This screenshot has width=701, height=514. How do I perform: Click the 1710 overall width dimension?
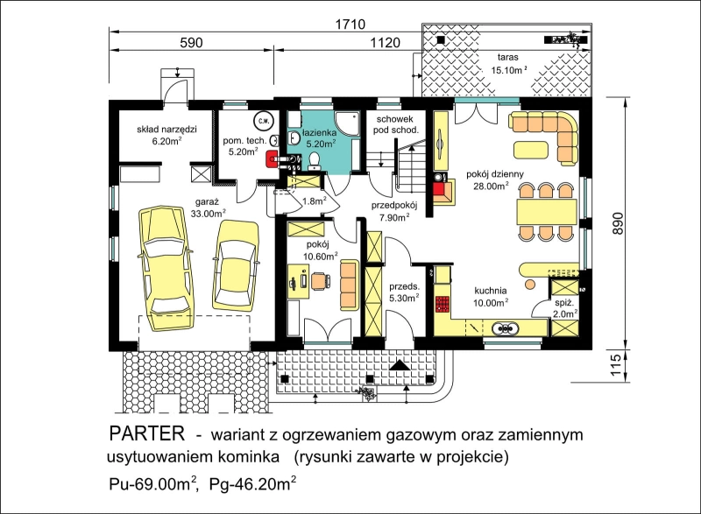pyautogui.click(x=350, y=24)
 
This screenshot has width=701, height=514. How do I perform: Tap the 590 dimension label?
pyautogui.click(x=191, y=42)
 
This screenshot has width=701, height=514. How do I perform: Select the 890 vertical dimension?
pyautogui.click(x=617, y=223)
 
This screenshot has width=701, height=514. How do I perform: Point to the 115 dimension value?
pyautogui.click(x=616, y=365)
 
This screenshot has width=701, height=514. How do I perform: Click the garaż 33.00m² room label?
pyautogui.click(x=208, y=208)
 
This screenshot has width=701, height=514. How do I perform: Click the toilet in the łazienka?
pyautogui.click(x=314, y=161)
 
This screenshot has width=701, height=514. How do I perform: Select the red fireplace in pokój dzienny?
pyautogui.click(x=443, y=190)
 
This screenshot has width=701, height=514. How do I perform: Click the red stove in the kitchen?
pyautogui.click(x=443, y=303)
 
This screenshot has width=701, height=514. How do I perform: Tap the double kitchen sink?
pyautogui.click(x=506, y=328)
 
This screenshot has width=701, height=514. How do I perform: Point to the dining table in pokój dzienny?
pyautogui.click(x=546, y=212)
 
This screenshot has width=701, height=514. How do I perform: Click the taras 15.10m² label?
pyautogui.click(x=509, y=63)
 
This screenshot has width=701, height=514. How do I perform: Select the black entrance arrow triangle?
pyautogui.click(x=400, y=365)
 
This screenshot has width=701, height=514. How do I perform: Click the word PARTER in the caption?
pyautogui.click(x=146, y=433)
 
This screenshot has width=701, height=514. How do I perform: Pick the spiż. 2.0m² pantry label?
pyautogui.click(x=563, y=308)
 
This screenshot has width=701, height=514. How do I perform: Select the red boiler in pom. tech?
pyautogui.click(x=272, y=159)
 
